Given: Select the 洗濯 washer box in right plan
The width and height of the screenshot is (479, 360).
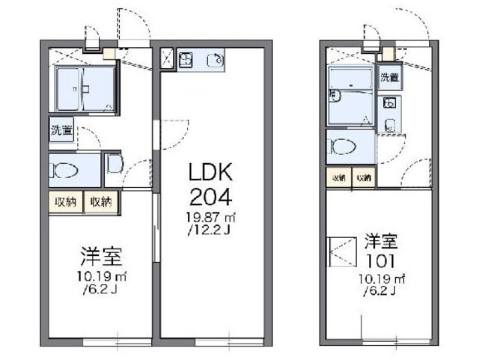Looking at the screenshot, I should pyautogui.click(x=388, y=77).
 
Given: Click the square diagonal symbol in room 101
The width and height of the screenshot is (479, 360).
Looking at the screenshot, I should pyautogui.click(x=342, y=250).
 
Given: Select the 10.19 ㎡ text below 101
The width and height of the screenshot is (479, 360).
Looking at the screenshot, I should pyautogui.click(x=381, y=278).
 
